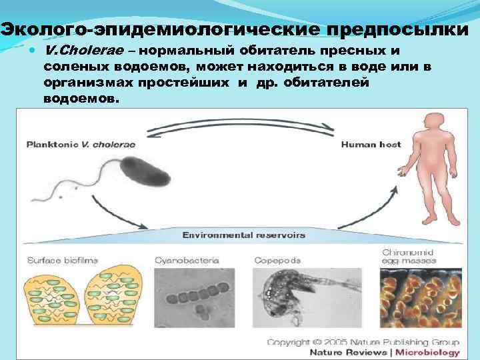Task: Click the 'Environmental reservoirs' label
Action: point(244,235)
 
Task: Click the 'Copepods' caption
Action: point(277,260)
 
